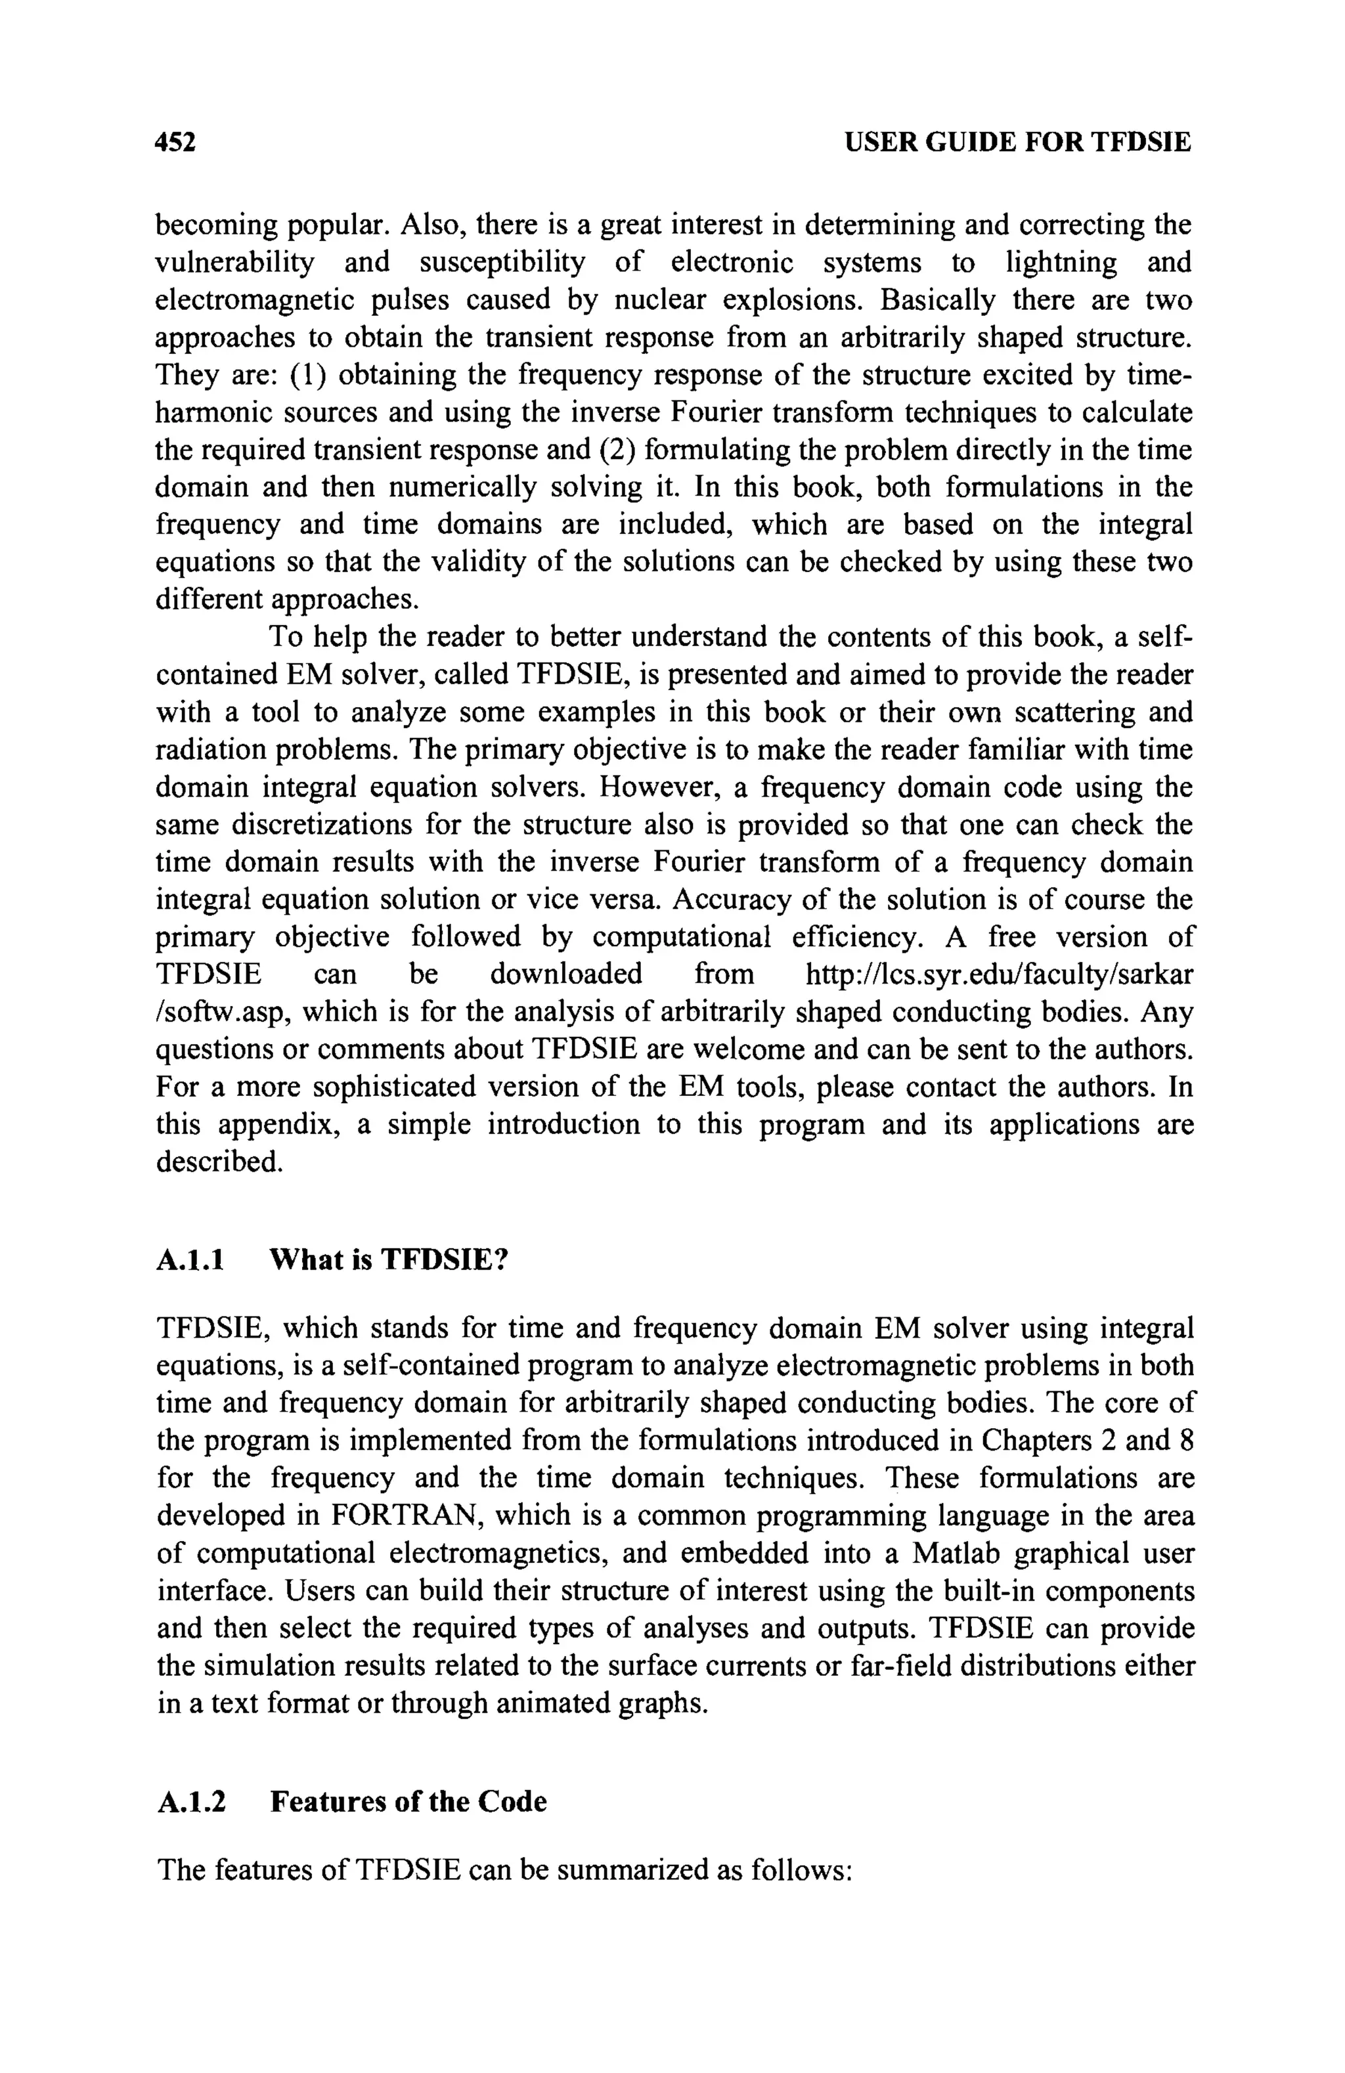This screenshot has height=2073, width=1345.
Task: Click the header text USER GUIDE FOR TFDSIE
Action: click(x=1017, y=142)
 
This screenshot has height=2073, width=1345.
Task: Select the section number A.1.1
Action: click(x=190, y=1260)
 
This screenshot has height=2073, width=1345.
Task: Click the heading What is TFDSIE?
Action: click(x=387, y=1260)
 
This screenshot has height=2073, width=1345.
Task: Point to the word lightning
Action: click(x=1061, y=262)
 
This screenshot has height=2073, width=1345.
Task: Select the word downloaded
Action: click(x=565, y=974)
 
